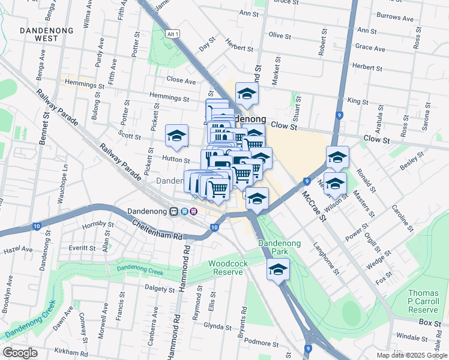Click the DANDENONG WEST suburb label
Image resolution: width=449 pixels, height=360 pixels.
tap(46, 34)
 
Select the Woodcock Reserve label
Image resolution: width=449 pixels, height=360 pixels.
tap(226, 268)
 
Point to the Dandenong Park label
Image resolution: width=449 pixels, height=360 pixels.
tap(278, 247)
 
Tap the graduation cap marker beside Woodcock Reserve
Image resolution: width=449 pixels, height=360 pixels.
tap(278, 270)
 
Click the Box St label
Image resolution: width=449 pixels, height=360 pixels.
tap(430, 323)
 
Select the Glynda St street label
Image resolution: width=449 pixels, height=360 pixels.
tap(217, 327)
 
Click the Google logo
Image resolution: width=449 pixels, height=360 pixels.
tap(20, 353)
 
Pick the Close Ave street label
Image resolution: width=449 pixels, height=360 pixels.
tap(181, 80)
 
